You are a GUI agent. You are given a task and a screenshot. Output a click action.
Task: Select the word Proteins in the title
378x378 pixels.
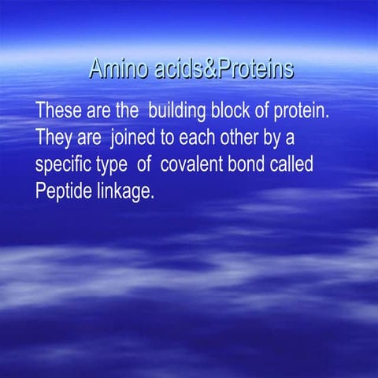coord(253,69)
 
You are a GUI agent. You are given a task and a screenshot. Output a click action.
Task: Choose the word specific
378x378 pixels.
coord(65,165)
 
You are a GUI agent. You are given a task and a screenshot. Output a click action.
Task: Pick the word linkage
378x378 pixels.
coord(124,192)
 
